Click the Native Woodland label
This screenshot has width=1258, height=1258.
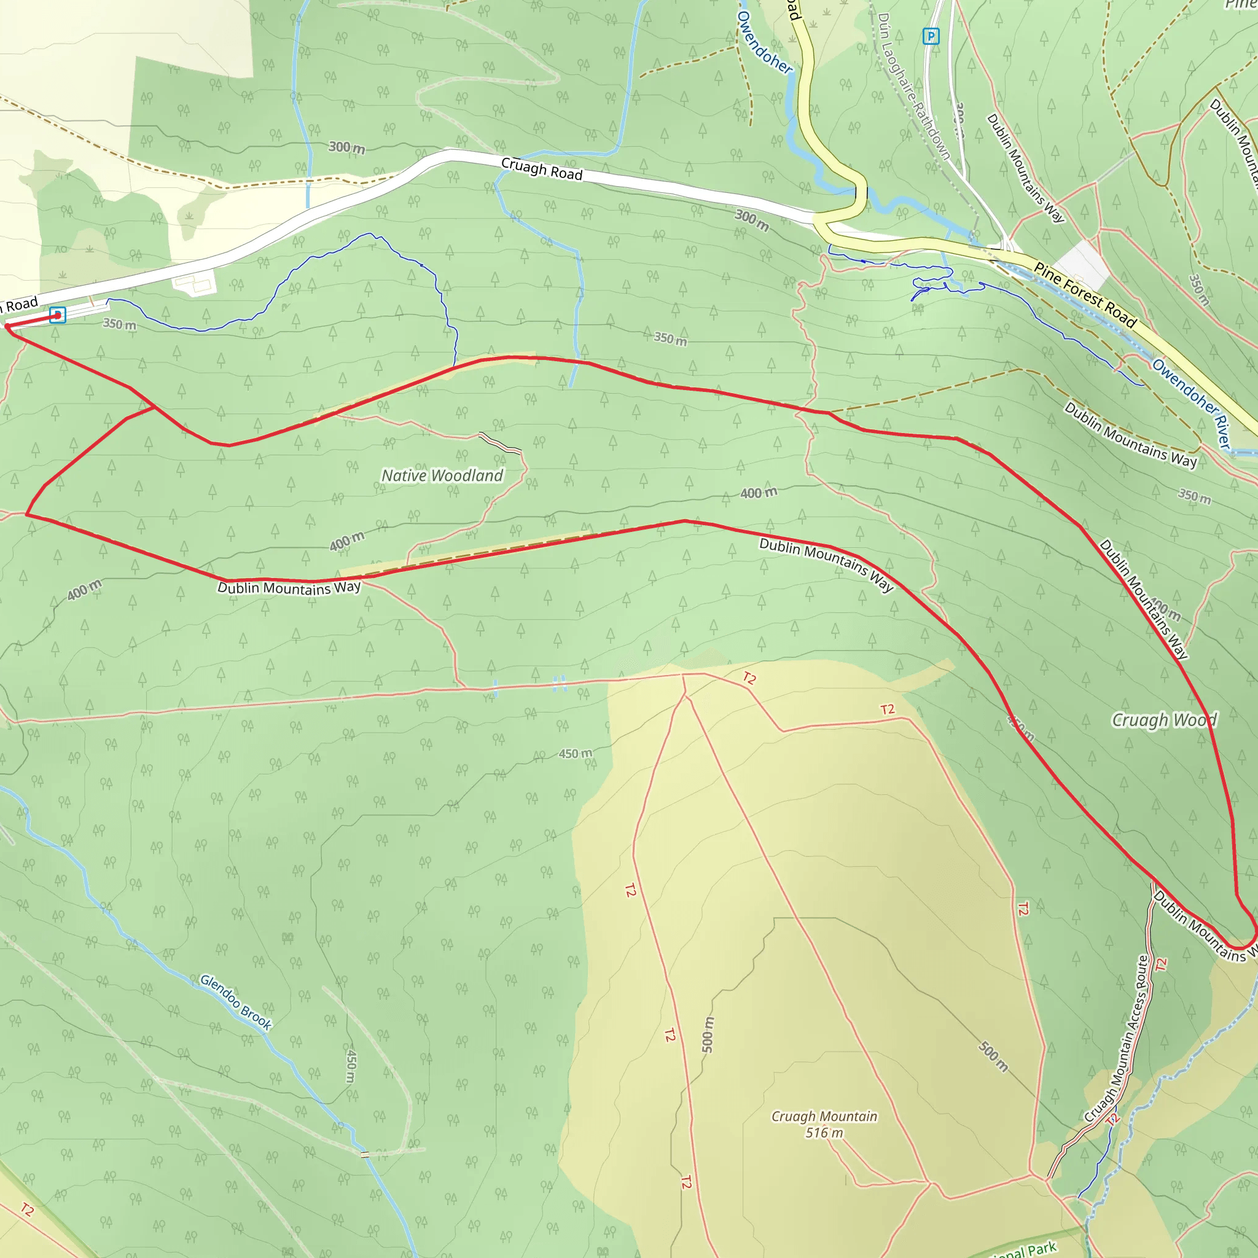[442, 476]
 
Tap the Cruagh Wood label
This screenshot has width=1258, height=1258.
[1163, 720]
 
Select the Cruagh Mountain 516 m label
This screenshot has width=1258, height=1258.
[824, 1125]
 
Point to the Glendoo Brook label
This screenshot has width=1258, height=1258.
[236, 1002]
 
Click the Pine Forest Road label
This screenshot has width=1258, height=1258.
[1085, 295]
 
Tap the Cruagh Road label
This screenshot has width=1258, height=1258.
[542, 170]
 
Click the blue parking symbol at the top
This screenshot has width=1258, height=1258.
[931, 36]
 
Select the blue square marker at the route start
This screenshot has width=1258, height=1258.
[57, 315]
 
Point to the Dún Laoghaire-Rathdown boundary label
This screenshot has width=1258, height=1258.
[913, 86]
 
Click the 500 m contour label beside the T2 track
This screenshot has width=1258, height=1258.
[708, 1034]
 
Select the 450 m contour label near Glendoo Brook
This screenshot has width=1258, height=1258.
[350, 1066]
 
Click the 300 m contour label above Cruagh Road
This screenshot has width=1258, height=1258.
[346, 148]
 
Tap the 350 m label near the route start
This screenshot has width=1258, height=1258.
[120, 324]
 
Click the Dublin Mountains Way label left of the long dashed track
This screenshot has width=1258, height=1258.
[289, 587]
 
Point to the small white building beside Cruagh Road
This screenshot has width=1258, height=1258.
[195, 283]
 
